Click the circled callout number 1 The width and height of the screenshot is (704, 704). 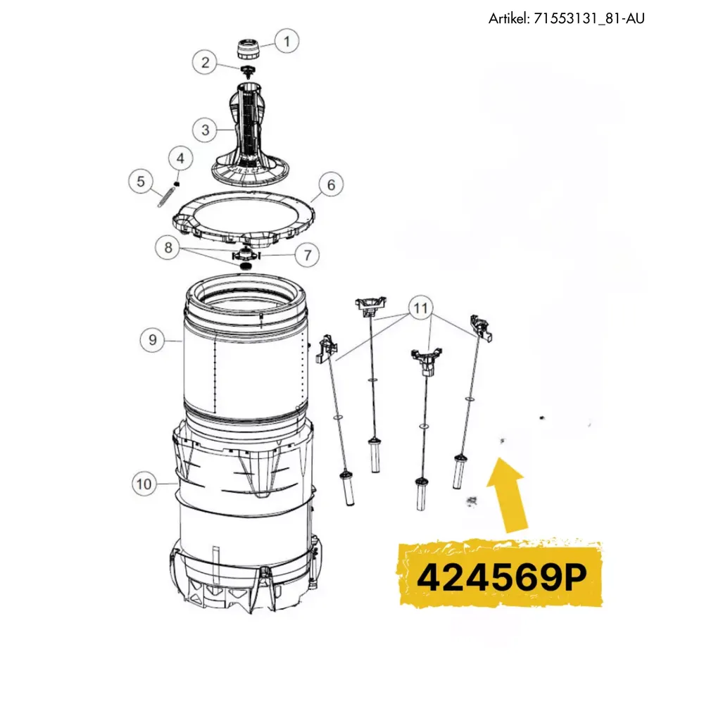[x=287, y=42]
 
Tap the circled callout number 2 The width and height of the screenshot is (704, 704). [x=205, y=62]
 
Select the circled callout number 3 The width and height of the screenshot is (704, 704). [x=205, y=130]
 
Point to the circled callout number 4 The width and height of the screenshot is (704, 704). [x=180, y=158]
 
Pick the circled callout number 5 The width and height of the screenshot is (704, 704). [x=141, y=182]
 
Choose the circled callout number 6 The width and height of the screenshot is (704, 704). [x=331, y=184]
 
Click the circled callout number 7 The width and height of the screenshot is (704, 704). [x=307, y=255]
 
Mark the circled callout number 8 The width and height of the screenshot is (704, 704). [x=168, y=247]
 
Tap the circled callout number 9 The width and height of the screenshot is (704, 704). [x=153, y=340]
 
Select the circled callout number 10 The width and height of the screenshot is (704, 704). [x=144, y=484]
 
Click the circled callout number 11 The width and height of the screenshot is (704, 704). [x=421, y=308]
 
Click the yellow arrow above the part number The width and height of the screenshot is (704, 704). [x=508, y=495]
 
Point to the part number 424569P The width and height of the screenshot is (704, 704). [x=502, y=577]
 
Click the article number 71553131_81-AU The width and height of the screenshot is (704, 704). [x=589, y=18]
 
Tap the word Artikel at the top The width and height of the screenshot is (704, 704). [x=509, y=18]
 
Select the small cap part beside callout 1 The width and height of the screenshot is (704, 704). [x=248, y=49]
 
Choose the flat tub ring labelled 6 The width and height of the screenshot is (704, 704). [x=244, y=219]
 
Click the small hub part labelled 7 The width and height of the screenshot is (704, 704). [x=246, y=254]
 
